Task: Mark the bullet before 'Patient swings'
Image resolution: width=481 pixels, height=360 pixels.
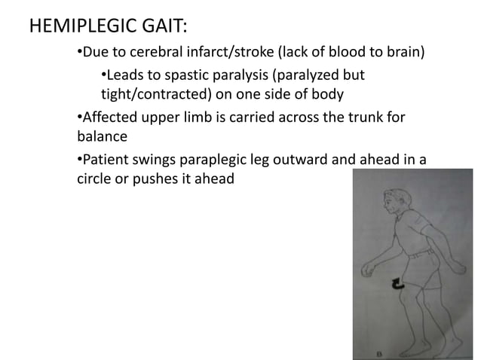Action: tap(80, 160)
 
